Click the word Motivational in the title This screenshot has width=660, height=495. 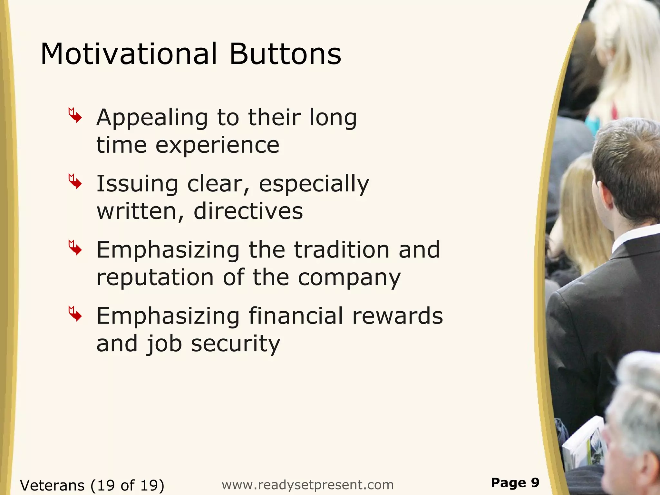coord(129,54)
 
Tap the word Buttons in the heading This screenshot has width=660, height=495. coord(285,54)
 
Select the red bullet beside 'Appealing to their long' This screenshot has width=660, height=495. coord(75,115)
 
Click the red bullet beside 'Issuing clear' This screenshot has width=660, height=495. coord(75,181)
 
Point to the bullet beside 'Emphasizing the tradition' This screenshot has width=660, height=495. coord(75,247)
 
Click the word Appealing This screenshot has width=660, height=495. coord(152,118)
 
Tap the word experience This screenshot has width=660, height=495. coord(218,146)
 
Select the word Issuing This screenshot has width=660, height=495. coord(137,184)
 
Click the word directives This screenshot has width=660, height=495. coord(248,211)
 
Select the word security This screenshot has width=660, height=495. coord(236,344)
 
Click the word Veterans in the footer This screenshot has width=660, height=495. coord(52,485)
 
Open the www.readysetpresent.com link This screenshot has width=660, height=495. coord(308,485)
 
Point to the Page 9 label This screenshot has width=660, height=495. coord(515,482)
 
